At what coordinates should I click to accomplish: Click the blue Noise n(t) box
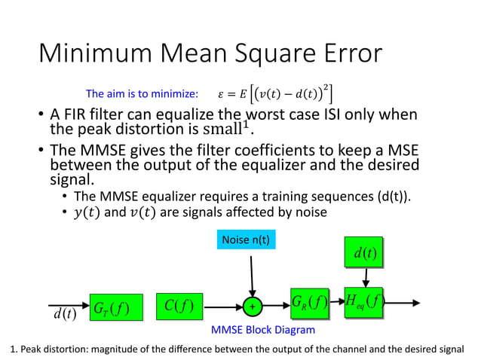[245, 240]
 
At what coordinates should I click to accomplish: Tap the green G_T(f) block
[115, 308]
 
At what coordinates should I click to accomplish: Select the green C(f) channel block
[180, 305]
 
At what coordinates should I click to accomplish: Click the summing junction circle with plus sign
[252, 307]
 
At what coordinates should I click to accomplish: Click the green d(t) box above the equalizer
[366, 254]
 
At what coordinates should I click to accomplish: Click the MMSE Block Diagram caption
[263, 329]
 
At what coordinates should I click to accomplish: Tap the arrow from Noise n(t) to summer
[252, 274]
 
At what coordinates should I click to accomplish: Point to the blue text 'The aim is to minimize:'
[142, 95]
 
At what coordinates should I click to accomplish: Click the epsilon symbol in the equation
[220, 95]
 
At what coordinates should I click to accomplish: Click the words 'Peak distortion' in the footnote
[51, 349]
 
